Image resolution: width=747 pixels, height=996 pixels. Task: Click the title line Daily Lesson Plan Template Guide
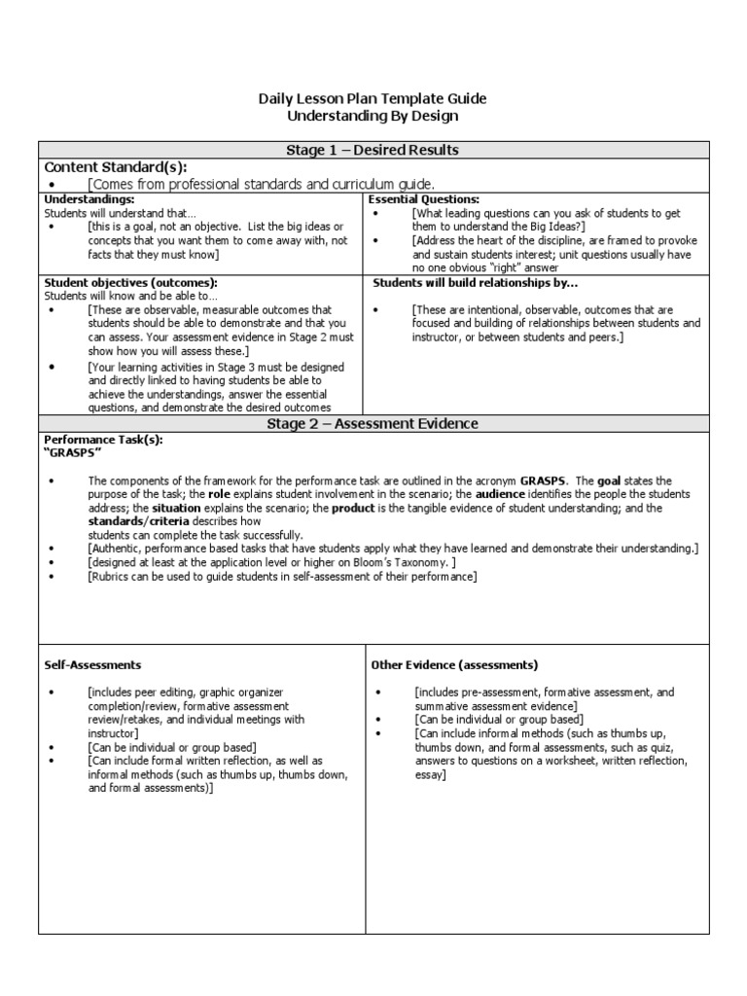[x=373, y=99]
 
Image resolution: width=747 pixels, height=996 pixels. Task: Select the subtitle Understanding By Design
[x=373, y=116]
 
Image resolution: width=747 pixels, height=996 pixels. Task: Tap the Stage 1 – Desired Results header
[x=373, y=150]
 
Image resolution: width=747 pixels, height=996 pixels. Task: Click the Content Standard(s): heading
[x=116, y=166]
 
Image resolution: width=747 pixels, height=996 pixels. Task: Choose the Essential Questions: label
[x=424, y=198]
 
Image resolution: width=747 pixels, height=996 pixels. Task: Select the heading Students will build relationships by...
[x=476, y=282]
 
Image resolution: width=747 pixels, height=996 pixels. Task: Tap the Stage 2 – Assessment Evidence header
[x=373, y=424]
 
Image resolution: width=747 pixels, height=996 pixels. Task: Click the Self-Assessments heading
[x=93, y=665]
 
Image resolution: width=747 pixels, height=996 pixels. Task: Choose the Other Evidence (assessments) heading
[x=454, y=665]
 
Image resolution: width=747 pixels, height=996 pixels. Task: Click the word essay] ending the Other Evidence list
[x=430, y=774]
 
